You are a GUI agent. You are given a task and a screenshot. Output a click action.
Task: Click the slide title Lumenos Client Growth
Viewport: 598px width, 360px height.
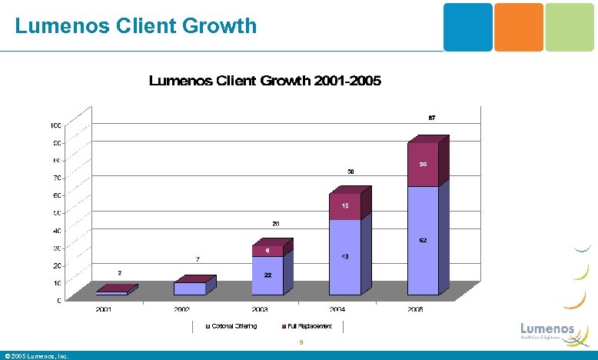136,25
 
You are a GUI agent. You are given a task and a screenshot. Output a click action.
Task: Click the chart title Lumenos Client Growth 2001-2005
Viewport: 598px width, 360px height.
264,81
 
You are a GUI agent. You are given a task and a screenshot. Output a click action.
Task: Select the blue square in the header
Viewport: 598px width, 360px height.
467,27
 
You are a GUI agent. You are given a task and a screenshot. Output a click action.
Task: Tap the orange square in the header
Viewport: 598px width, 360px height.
518,27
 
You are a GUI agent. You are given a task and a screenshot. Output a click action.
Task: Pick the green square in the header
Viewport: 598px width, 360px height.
569,27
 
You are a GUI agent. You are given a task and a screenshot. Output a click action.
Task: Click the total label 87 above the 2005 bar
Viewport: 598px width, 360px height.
432,118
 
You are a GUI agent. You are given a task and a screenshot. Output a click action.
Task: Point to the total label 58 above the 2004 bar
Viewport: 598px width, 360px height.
350,171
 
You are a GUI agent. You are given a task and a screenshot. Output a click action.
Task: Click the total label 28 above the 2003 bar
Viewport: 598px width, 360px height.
275,224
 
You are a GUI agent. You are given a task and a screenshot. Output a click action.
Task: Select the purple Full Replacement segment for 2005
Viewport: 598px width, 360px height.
422,165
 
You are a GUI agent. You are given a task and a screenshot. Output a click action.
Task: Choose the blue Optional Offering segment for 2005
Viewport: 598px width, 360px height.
422,241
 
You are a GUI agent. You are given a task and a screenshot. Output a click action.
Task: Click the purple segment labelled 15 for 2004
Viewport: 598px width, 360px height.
345,206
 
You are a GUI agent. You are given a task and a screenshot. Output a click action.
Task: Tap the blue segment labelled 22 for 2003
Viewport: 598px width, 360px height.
267,275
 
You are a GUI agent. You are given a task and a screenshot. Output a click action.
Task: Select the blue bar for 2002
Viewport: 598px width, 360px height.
189,288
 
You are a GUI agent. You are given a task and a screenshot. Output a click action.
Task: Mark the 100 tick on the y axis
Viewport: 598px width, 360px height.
56,125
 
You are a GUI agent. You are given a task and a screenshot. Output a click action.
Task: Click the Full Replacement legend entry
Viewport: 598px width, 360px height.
307,326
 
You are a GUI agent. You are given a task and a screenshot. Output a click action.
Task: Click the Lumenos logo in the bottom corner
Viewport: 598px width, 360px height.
547,329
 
